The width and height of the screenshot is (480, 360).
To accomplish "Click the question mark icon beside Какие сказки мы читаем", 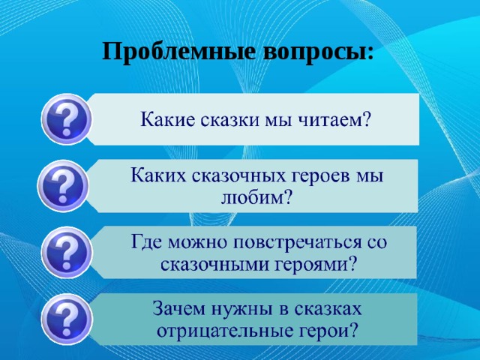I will pyautogui.click(x=67, y=118).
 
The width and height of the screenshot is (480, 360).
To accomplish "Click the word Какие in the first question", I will pyautogui.click(x=165, y=120).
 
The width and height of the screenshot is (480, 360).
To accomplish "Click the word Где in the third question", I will pyautogui.click(x=148, y=243).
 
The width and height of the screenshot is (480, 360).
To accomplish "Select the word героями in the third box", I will pyautogui.click(x=310, y=264).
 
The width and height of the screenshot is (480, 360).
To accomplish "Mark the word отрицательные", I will pyautogui.click(x=217, y=331).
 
